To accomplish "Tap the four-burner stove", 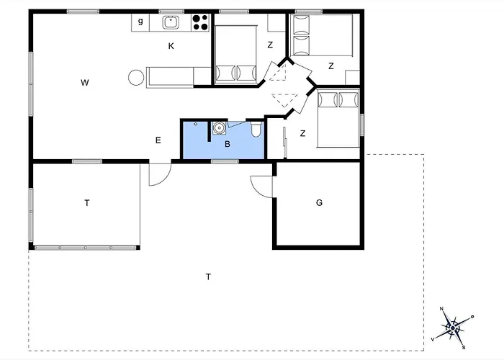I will [x=200, y=23].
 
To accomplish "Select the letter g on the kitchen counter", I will [x=140, y=22].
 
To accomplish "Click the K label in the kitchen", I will [x=171, y=46].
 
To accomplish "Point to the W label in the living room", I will [x=85, y=83].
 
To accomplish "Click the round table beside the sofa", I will [x=135, y=77].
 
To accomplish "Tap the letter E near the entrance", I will [x=158, y=140].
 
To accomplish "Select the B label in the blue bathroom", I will [x=227, y=144].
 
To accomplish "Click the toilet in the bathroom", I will [x=256, y=130].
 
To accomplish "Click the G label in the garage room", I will [x=319, y=202].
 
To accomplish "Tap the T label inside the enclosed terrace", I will [x=86, y=203].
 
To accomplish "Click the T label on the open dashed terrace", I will [x=208, y=276].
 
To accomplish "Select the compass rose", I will [x=453, y=328].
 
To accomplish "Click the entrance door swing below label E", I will [x=159, y=174].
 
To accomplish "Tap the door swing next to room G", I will [x=262, y=184].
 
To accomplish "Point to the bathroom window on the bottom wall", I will [x=225, y=161].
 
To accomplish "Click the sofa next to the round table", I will [x=170, y=76].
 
